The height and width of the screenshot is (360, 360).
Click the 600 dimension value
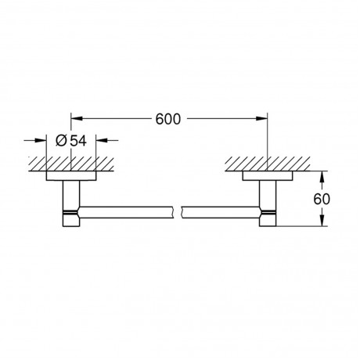168,119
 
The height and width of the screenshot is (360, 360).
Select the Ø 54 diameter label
71,141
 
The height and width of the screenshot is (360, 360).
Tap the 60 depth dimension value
322,199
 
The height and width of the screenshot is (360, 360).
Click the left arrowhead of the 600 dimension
77,118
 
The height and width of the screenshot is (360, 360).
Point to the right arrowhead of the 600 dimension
262,118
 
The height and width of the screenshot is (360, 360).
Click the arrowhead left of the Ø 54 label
41,140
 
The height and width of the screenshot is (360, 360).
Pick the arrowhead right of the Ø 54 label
102,140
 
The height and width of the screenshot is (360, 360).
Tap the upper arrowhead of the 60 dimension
322,177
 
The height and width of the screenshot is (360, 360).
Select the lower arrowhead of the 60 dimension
322,221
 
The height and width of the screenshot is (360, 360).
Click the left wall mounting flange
71,176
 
